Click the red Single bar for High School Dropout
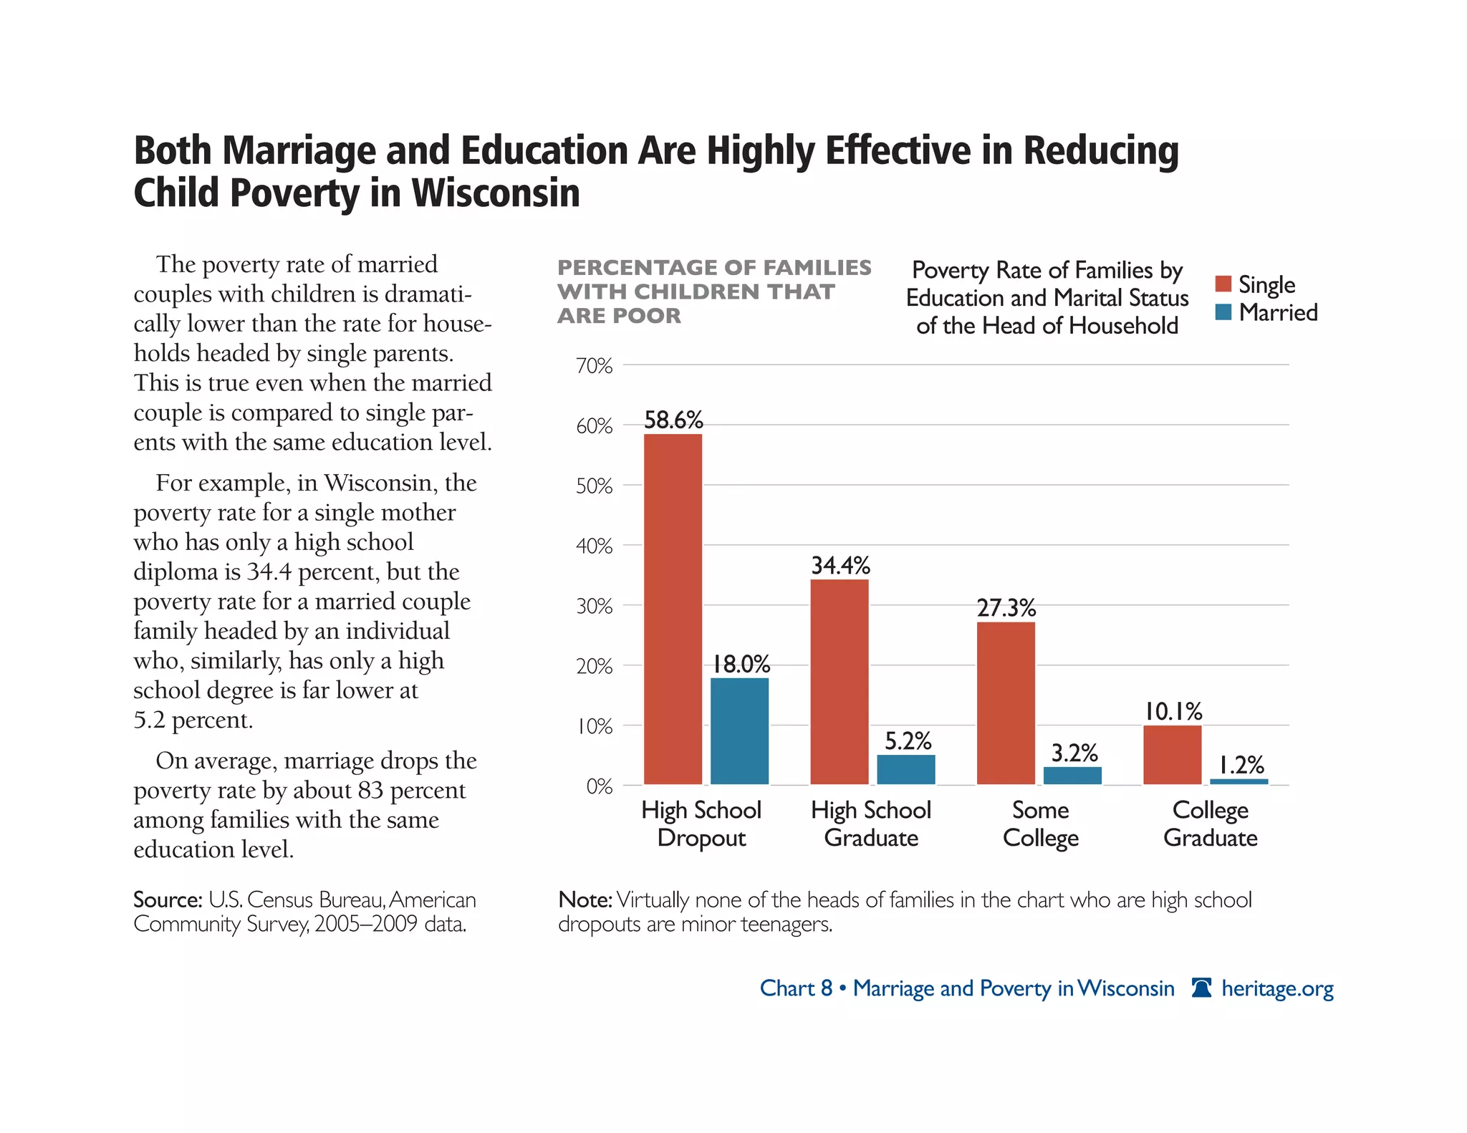point(673,609)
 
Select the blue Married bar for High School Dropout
point(739,731)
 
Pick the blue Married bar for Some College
point(1072,776)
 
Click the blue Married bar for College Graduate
point(1238,781)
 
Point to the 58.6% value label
point(673,420)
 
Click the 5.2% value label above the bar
point(908,741)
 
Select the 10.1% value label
point(1173,711)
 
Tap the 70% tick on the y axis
point(594,366)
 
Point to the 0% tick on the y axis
point(599,786)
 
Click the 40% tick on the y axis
point(594,546)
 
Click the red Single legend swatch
point(1223,284)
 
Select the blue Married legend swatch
point(1223,312)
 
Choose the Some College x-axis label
point(1040,824)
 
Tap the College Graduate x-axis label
point(1210,824)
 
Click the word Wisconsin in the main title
point(495,193)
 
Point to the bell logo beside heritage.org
point(1201,988)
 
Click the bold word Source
point(168,900)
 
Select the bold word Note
point(585,900)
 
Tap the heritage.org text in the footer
point(1277,988)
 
